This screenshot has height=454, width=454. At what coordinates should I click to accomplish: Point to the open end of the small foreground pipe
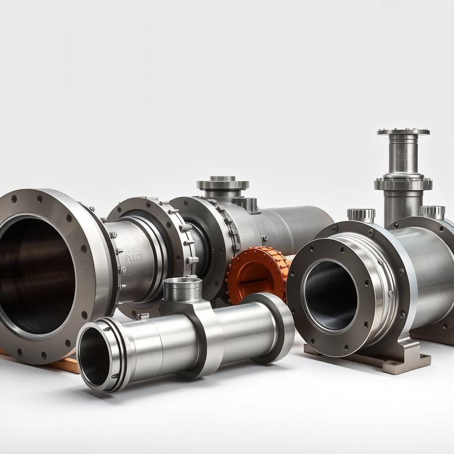tap(94, 357)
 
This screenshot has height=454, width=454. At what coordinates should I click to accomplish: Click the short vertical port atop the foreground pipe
tap(182, 289)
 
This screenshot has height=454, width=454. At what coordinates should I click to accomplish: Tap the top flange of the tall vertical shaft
tap(403, 132)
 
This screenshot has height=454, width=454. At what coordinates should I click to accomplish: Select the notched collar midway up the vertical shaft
tap(403, 184)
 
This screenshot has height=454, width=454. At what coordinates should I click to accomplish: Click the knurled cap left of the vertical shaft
tap(361, 215)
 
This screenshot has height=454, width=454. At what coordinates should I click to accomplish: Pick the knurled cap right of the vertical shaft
tap(432, 211)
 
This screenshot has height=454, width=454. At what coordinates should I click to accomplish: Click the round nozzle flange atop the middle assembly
tap(223, 184)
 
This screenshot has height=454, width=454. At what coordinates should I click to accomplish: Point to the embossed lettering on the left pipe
tap(133, 258)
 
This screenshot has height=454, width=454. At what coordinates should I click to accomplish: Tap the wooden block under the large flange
tap(67, 364)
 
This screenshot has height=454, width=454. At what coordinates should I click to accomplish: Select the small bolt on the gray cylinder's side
tap(264, 238)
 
